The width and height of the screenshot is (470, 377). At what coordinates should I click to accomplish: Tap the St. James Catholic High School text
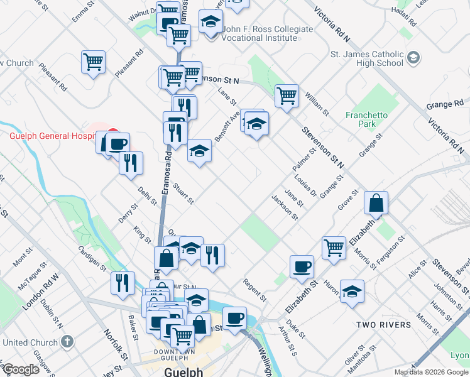pos(367,58)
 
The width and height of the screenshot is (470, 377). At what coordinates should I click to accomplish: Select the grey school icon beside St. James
pos(413,58)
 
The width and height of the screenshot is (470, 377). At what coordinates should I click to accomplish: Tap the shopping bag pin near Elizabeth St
pos(376,204)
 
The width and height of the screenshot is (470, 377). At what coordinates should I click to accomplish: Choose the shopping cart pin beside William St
pos(287,96)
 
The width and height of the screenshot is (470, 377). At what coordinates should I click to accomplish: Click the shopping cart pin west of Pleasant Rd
pos(93,62)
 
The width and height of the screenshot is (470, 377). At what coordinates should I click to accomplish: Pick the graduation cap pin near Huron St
pos(352,291)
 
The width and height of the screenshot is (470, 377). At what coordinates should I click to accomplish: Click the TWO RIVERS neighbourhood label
pos(383,325)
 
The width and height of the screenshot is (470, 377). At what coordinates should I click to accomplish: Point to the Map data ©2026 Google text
pos(430,372)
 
